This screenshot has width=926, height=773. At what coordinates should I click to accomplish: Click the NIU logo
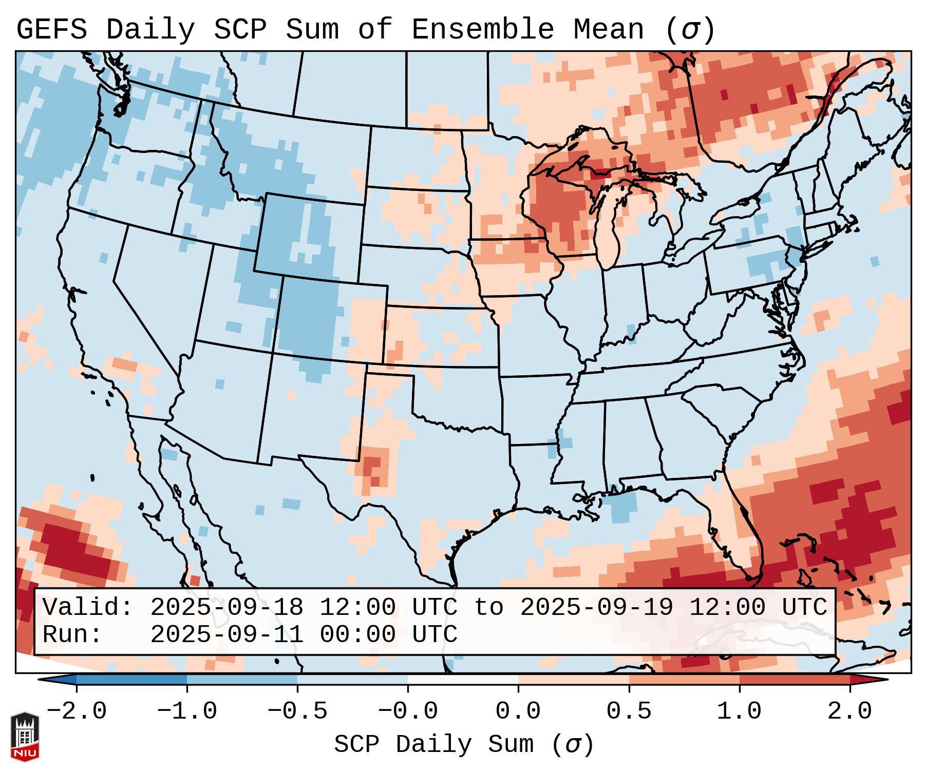tap(25, 736)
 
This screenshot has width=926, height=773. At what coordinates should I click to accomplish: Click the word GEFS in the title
tap(51, 30)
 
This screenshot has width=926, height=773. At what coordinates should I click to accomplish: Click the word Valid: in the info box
tap(87, 608)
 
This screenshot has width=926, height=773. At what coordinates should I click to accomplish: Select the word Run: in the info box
tap(72, 635)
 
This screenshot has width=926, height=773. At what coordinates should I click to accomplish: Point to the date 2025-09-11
tap(226, 635)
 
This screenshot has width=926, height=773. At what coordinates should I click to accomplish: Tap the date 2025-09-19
tap(596, 608)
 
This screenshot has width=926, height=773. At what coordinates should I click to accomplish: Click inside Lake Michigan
tap(608, 226)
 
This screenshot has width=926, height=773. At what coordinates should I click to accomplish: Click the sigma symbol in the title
tap(690, 30)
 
